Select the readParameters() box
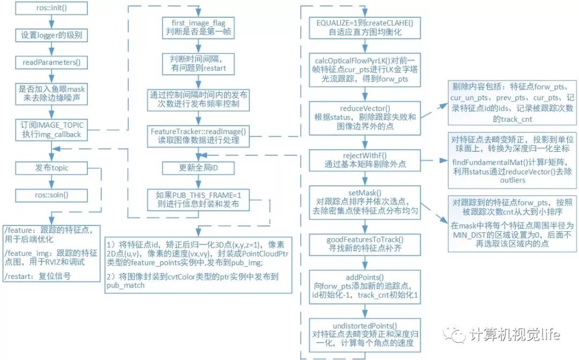(x=50, y=62)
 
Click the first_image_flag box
(x=199, y=25)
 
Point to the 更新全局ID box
(x=199, y=168)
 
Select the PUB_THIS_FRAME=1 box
(x=199, y=199)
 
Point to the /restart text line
(x=37, y=277)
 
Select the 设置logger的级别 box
(x=50, y=36)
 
